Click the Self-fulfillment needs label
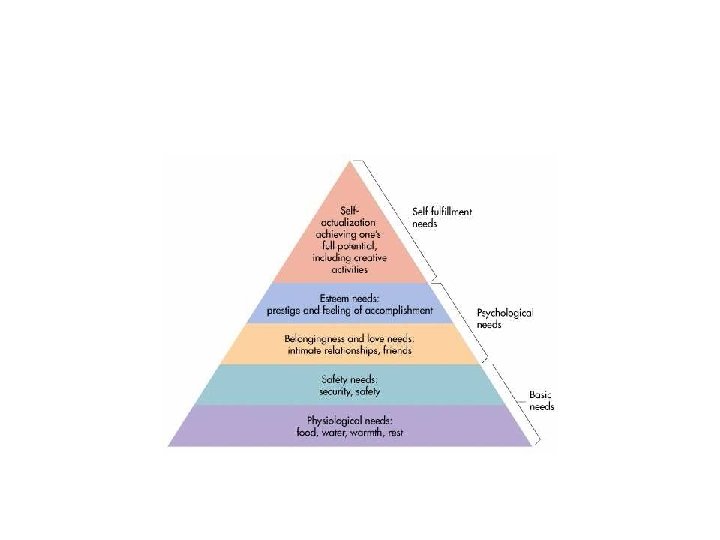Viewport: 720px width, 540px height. coord(441,217)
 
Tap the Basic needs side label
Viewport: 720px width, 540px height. coord(541,401)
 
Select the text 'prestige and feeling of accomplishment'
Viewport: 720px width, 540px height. coord(349,310)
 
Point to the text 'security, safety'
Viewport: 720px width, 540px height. coord(349,392)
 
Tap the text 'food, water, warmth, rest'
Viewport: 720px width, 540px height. coord(349,433)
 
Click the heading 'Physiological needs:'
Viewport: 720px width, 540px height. coord(349,420)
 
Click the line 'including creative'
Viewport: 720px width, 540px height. coord(349,256)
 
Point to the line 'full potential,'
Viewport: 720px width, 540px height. coord(349,242)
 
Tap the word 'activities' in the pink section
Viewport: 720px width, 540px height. coord(349,269)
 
